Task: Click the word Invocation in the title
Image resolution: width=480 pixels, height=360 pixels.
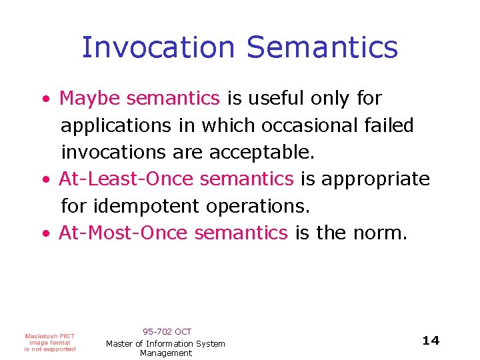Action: (157, 48)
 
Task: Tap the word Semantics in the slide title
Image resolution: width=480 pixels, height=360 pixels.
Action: (322, 48)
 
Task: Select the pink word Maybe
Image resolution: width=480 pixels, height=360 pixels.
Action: (90, 99)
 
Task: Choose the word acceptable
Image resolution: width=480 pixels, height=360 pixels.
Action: (261, 153)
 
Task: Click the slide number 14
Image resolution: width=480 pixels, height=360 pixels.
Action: (431, 341)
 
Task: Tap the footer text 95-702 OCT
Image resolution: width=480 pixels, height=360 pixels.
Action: (167, 331)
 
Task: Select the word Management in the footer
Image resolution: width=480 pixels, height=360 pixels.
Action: (166, 353)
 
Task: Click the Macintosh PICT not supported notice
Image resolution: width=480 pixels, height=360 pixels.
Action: (50, 342)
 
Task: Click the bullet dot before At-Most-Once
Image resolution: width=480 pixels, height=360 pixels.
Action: (45, 235)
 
